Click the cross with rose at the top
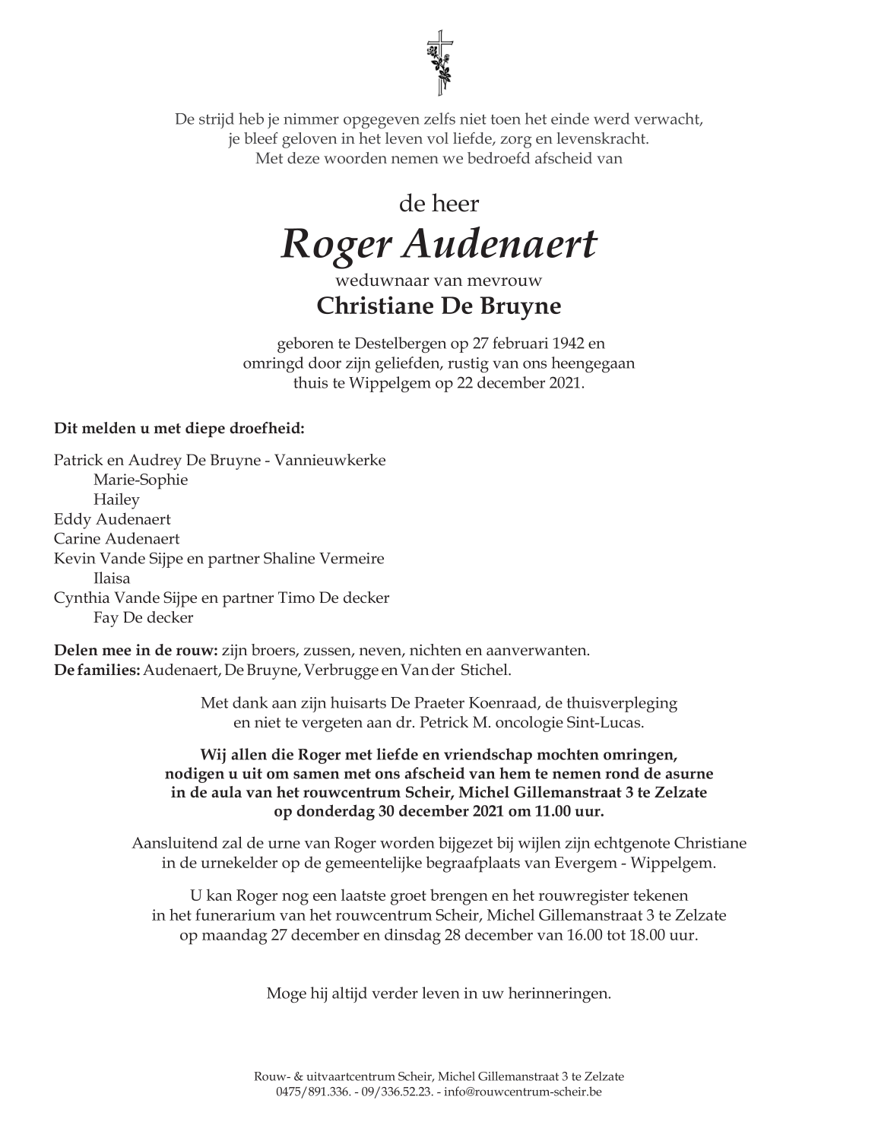pos(439,63)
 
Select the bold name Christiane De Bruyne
pos(439,306)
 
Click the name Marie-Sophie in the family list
pos(141,480)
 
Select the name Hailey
pos(116,499)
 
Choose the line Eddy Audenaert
pos(113,519)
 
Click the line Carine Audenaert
pos(117,539)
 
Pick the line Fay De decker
pos(143,617)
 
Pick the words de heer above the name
pos(439,204)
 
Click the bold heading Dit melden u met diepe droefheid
pos(179,428)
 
